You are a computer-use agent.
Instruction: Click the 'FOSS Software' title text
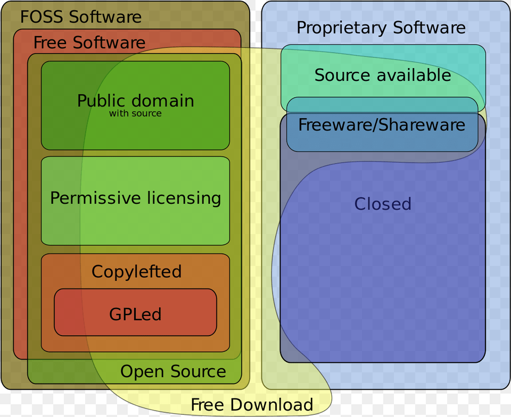[81, 16]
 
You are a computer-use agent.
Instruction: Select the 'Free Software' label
[89, 43]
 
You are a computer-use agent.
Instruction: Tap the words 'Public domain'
[135, 101]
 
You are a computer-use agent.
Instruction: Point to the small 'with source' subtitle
[135, 113]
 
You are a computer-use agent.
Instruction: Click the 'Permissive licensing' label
[135, 198]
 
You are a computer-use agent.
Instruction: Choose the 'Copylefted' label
[136, 271]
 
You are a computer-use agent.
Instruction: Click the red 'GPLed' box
[135, 313]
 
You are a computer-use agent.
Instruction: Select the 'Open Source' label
[173, 371]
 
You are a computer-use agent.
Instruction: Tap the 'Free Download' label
[252, 405]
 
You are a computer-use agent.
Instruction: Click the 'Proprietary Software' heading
[381, 28]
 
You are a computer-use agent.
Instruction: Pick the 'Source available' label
[382, 75]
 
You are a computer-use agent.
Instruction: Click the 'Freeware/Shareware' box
[382, 126]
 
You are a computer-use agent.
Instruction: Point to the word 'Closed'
[383, 204]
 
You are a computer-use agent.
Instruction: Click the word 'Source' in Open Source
[198, 371]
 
